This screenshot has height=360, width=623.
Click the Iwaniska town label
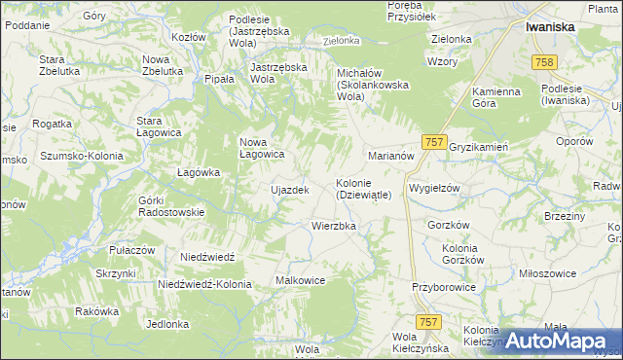coord(551,27)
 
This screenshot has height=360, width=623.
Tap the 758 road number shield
coord(545,62)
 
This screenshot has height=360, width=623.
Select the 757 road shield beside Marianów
coord(435,142)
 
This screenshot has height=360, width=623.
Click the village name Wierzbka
coord(334,226)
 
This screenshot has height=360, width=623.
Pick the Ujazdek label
coord(289,190)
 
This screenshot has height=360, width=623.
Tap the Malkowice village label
coord(300,280)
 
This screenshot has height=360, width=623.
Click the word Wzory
coord(442,61)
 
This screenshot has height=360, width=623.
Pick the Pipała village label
coord(220,79)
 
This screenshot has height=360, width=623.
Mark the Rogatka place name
coord(53,124)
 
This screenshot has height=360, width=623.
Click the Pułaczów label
coord(132,250)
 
